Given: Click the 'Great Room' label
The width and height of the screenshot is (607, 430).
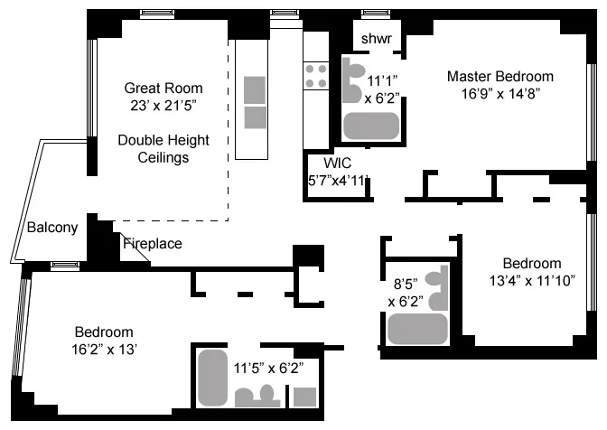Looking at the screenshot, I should click(x=163, y=89).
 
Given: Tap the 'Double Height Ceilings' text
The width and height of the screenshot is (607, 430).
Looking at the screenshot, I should click(x=163, y=149).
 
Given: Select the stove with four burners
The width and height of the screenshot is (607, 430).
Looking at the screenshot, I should click(x=316, y=75).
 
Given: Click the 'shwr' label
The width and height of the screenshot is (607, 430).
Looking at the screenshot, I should click(x=376, y=39).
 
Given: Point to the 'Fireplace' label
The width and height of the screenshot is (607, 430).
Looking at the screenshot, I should click(x=152, y=243).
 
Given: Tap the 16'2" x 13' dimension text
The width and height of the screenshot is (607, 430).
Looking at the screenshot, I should click(x=103, y=348).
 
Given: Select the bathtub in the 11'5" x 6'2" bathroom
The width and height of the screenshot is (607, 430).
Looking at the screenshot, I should click(x=213, y=378).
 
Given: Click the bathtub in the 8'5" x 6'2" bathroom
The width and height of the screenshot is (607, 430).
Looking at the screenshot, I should click(x=417, y=329).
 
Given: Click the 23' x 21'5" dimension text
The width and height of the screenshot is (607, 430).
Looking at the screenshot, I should click(x=163, y=105).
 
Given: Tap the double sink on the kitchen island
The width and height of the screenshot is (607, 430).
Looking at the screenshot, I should click(x=255, y=102).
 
